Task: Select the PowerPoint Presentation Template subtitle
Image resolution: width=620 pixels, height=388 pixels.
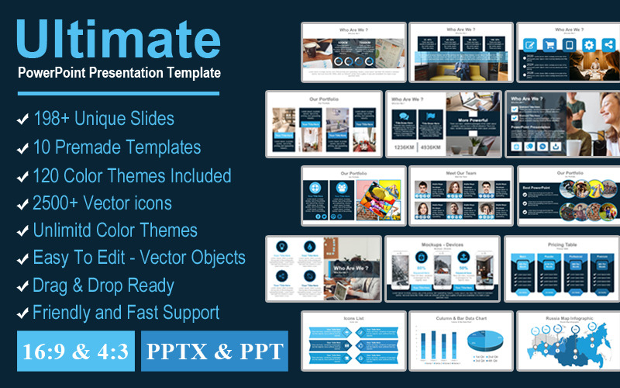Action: [x=119, y=72]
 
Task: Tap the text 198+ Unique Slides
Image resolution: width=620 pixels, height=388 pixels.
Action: [x=103, y=119]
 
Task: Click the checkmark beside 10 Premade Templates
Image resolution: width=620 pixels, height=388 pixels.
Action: [x=22, y=147]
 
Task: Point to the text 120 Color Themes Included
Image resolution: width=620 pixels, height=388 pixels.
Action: [x=132, y=175]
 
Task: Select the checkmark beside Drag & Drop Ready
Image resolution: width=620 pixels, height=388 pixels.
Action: [x=22, y=286]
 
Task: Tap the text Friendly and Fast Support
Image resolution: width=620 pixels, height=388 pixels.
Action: [x=126, y=313]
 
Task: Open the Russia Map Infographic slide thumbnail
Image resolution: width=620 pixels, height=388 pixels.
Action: [x=563, y=339]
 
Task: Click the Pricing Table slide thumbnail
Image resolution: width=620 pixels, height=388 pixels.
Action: [x=562, y=268]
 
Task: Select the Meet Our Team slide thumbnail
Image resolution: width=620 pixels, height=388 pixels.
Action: [x=460, y=196]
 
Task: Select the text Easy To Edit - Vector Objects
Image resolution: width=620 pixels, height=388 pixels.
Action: [x=139, y=258]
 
